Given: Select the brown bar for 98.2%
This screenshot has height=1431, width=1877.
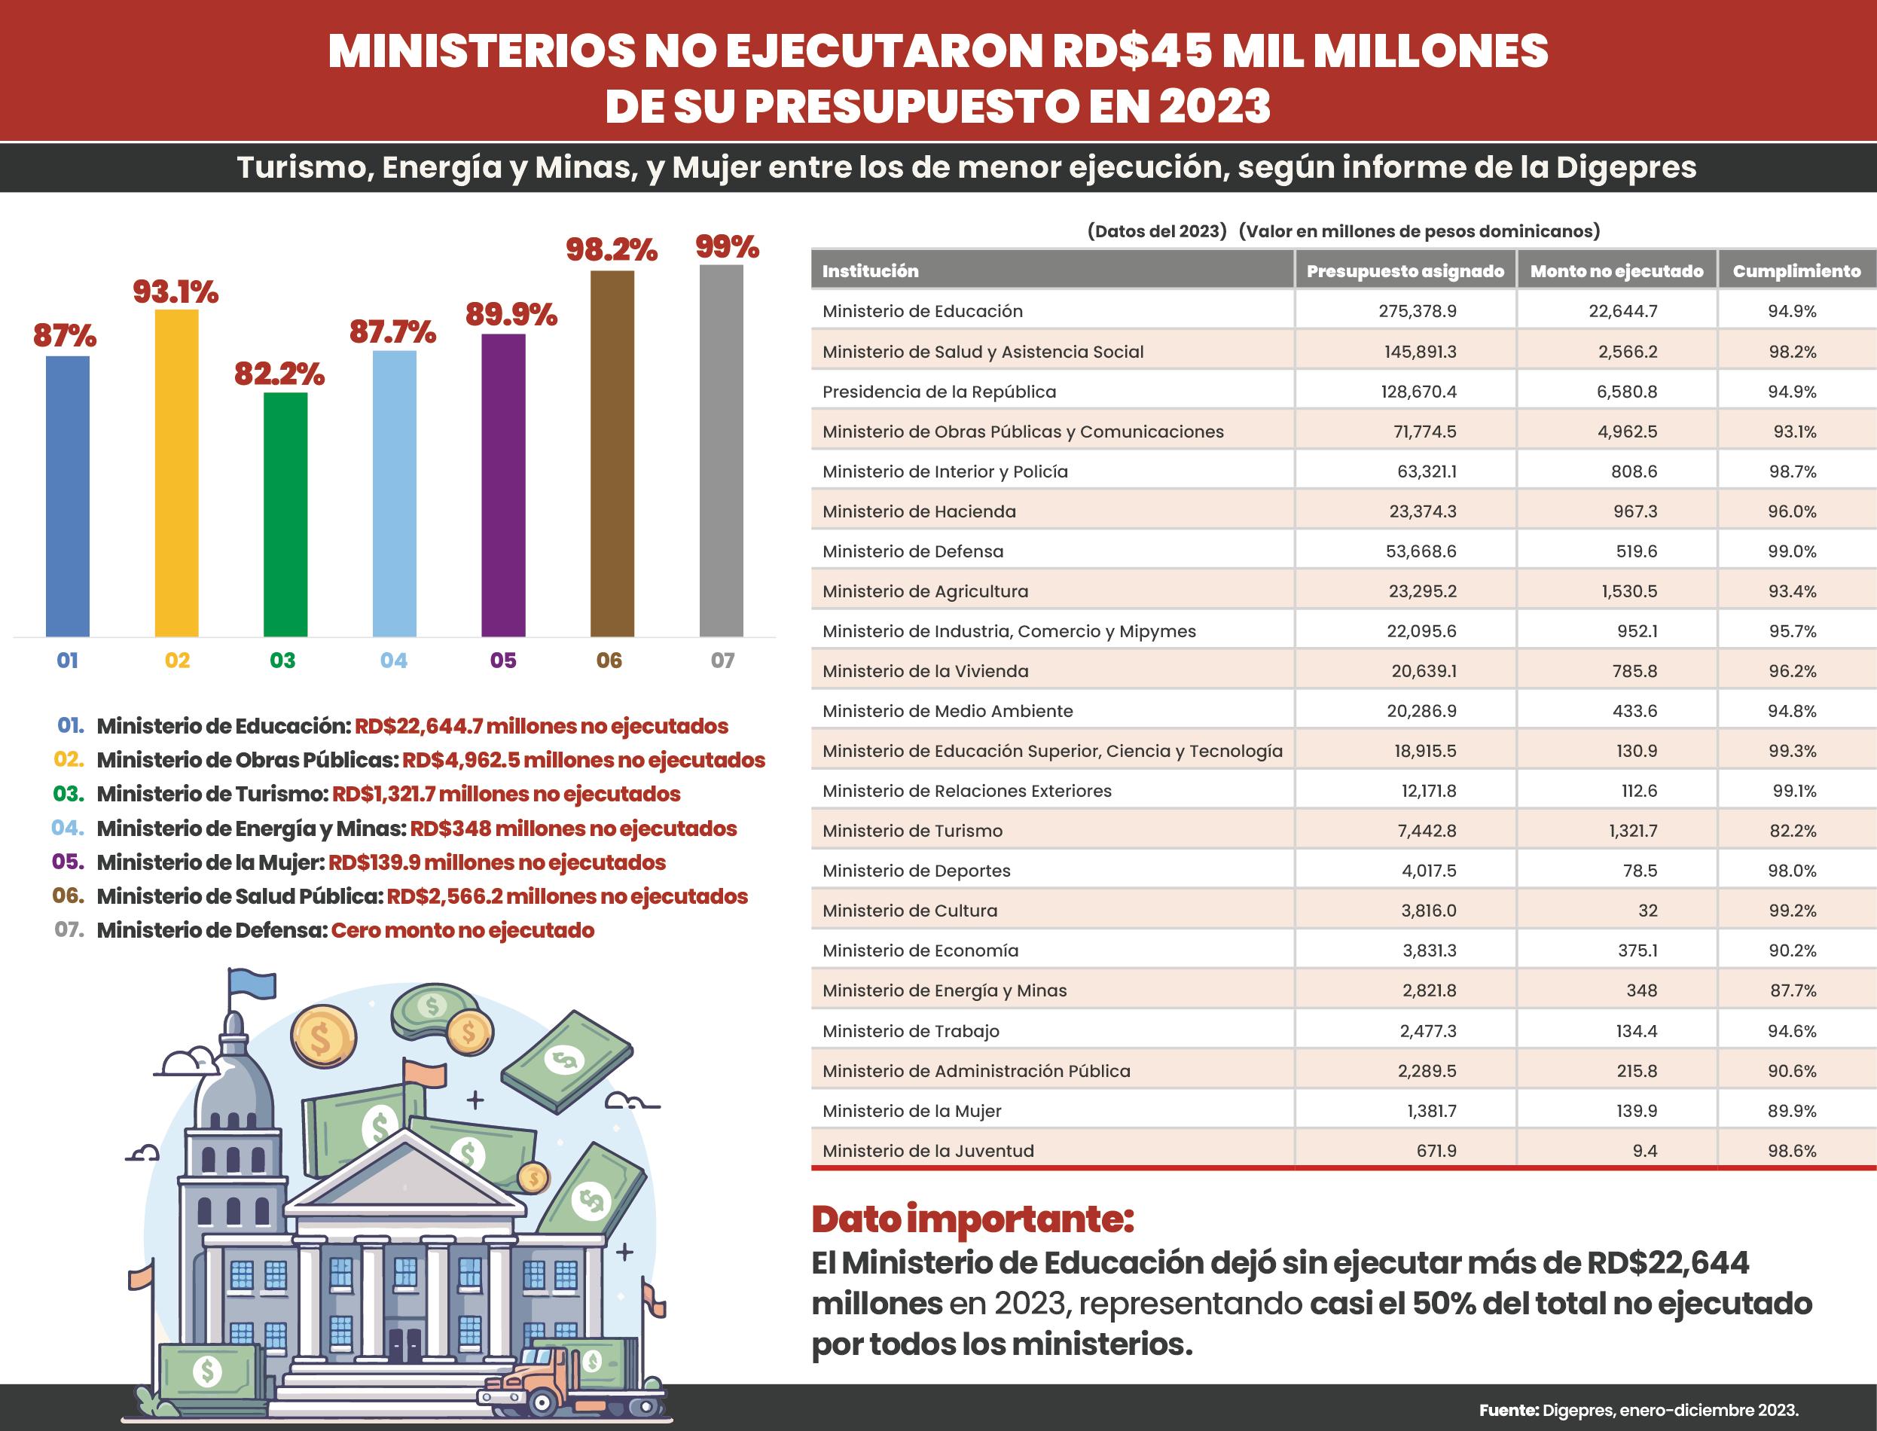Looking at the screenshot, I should tap(612, 453).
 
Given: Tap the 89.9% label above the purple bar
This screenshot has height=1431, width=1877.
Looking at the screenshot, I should tap(511, 314).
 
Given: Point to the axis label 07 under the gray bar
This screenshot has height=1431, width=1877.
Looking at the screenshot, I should tap(722, 660).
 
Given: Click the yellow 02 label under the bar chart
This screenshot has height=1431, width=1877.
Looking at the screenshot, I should tap(177, 660).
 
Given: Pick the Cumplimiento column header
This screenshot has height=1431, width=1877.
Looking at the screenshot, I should tap(1796, 271).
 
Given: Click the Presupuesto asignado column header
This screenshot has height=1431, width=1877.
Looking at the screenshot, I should tap(1405, 271).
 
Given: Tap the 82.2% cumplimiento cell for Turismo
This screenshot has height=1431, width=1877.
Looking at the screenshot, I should tap(1792, 831).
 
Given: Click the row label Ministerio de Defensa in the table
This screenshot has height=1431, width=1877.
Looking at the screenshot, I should tap(913, 551).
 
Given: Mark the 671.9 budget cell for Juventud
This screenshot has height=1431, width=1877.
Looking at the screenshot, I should tap(1436, 1151).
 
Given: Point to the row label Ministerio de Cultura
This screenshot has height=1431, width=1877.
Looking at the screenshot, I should tap(910, 911).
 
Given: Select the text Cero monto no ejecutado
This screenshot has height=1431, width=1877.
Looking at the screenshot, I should tap(462, 930).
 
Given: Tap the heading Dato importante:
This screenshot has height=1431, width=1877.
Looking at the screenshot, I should tap(972, 1219).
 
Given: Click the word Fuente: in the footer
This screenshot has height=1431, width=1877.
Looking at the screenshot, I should tap(1508, 1410).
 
